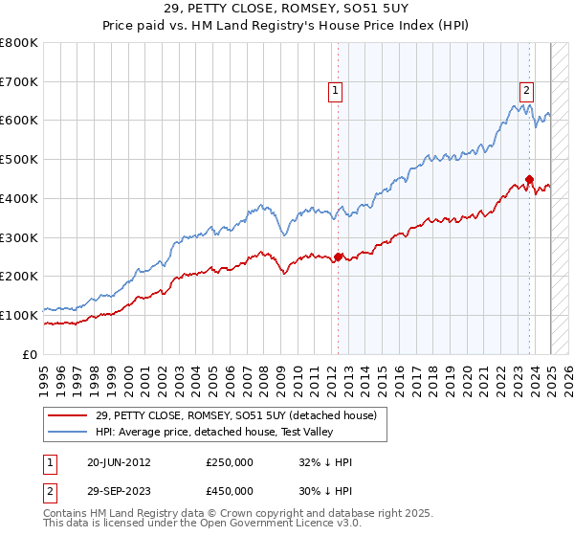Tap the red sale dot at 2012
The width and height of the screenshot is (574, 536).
338,257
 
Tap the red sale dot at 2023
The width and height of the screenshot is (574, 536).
528,178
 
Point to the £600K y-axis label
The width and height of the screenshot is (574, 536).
19,121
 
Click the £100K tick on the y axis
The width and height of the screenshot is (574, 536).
19,315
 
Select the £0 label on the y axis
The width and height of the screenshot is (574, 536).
31,354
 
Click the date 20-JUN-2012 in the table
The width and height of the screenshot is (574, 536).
119,462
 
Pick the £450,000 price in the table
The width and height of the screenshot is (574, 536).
230,491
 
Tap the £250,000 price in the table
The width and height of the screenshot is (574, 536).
230,462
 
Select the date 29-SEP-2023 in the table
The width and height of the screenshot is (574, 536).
119,491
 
